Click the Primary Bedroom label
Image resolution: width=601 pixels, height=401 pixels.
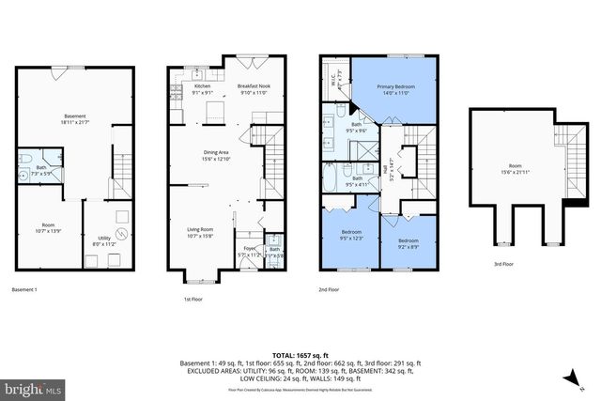point(396,89)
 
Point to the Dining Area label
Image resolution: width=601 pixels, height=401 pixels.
point(217,154)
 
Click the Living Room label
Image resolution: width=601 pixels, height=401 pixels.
point(199,232)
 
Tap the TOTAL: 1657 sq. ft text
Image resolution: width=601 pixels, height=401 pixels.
point(300,355)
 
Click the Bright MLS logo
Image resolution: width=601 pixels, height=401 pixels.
point(33,387)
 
